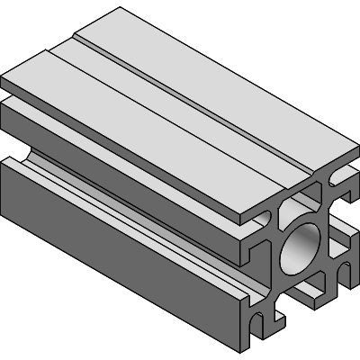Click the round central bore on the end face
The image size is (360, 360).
coord(301,247)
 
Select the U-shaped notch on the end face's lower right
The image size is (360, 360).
coord(340,268)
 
